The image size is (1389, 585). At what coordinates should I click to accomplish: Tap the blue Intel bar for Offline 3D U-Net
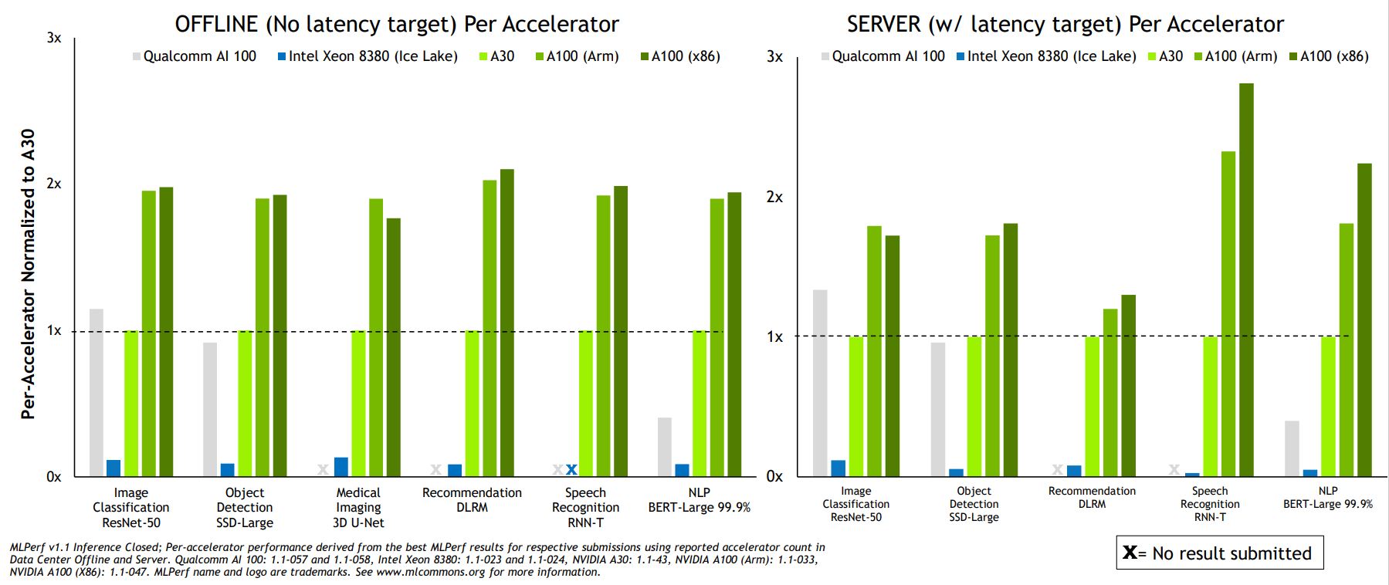(x=340, y=467)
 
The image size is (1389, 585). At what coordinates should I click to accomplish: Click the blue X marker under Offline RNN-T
(x=571, y=469)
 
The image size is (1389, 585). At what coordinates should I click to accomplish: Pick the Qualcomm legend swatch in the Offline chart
(x=137, y=56)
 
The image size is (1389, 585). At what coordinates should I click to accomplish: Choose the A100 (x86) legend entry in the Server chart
(x=1329, y=56)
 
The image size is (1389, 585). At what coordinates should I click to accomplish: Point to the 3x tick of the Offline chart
(x=54, y=38)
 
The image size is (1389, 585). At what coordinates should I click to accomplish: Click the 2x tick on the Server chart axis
(x=774, y=197)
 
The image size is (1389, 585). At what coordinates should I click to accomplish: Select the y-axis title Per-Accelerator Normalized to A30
(x=28, y=274)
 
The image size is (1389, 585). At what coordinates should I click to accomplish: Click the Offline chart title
(x=397, y=24)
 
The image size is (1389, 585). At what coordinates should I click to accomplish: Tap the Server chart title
(x=1065, y=24)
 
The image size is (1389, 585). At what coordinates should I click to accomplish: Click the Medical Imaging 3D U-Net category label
(x=358, y=507)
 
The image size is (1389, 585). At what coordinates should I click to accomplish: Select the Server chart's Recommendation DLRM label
(x=1092, y=497)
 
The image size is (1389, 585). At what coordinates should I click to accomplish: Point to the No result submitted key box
(x=1219, y=553)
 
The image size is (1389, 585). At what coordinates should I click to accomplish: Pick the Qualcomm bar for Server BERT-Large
(x=1292, y=448)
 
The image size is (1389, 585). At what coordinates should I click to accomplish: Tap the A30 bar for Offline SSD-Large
(x=245, y=403)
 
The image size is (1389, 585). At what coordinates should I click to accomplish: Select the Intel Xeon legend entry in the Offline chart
(x=368, y=56)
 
